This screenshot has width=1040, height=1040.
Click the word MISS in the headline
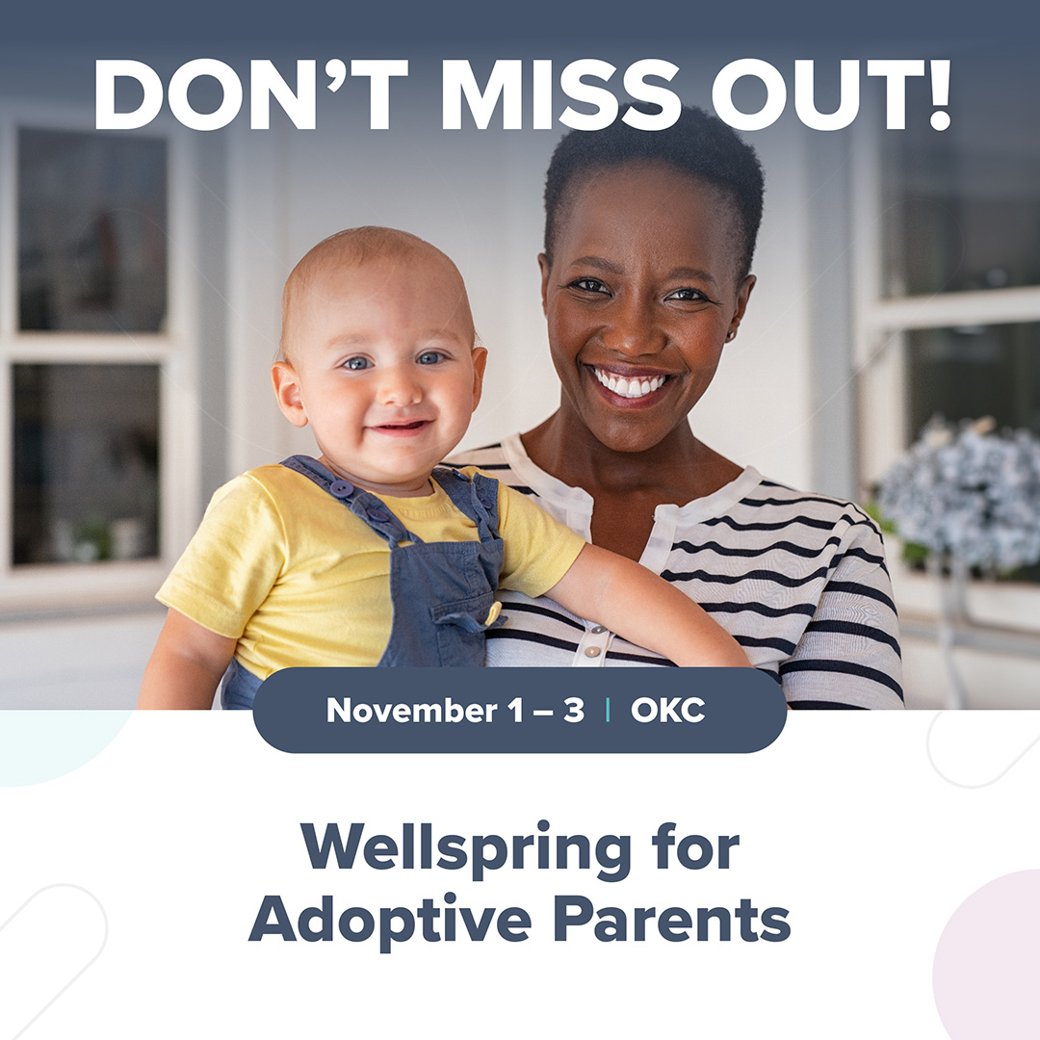pos(560,94)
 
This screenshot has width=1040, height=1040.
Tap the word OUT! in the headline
pos(832,94)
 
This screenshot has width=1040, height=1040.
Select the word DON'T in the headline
pos(251,94)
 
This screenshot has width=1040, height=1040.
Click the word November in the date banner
pos(412,711)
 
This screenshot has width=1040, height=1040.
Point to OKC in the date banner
pos(667,711)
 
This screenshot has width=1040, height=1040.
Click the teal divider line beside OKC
pos(608,711)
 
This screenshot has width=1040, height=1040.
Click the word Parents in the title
pos(672,920)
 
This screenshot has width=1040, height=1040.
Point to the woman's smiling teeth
pos(629,384)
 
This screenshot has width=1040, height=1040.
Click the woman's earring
pos(730,337)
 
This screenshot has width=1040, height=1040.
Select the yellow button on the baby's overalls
pos(493,613)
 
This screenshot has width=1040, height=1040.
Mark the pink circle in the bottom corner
pos(987,955)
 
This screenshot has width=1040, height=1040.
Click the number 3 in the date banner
pos(574,711)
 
